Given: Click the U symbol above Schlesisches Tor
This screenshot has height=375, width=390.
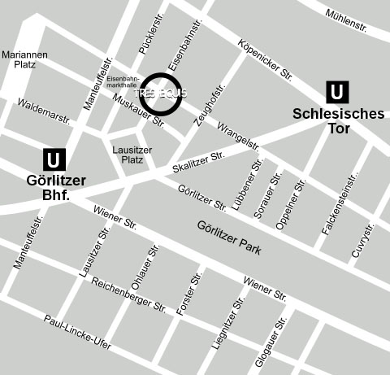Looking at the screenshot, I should pyautogui.click(x=337, y=92).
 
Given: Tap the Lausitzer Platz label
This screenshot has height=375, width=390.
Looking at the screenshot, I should pyautogui.click(x=128, y=155).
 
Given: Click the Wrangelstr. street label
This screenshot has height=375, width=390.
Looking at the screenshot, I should pyautogui.click(x=239, y=136).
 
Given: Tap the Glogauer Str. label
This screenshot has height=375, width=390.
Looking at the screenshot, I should pyautogui.click(x=271, y=342).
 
